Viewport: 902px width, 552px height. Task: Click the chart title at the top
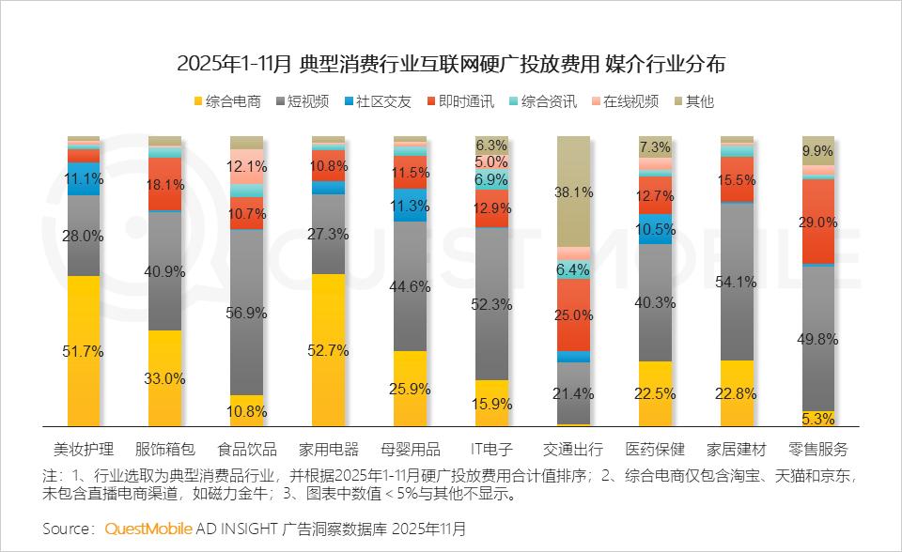click(451, 65)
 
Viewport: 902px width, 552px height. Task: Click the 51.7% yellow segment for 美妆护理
click(84, 351)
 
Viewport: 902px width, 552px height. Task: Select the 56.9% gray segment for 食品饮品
click(247, 312)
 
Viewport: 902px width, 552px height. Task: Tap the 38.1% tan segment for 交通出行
click(573, 192)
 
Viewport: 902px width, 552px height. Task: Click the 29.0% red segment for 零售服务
click(818, 222)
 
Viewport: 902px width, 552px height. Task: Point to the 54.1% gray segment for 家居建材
click(737, 282)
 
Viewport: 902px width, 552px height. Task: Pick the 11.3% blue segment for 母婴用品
click(411, 207)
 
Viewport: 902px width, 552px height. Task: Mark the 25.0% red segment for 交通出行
click(573, 315)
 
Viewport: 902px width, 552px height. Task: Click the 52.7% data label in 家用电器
click(329, 350)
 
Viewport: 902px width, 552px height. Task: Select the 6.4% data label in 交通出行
click(573, 269)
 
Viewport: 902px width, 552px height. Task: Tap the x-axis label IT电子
click(491, 448)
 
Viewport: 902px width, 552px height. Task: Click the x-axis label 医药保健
click(655, 448)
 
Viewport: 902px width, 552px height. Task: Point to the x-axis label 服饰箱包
click(165, 448)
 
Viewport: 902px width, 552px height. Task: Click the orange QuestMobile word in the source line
click(148, 529)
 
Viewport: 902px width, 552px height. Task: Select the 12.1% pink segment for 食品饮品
click(247, 166)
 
